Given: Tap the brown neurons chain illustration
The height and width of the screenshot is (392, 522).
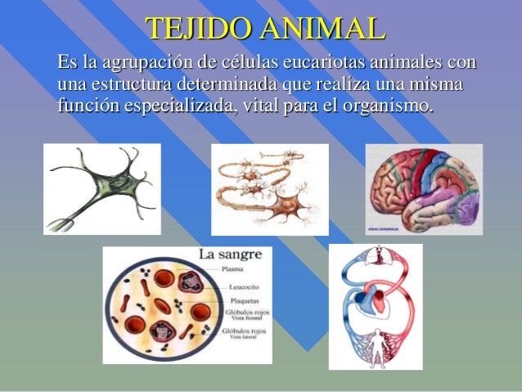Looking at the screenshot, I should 269,189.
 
